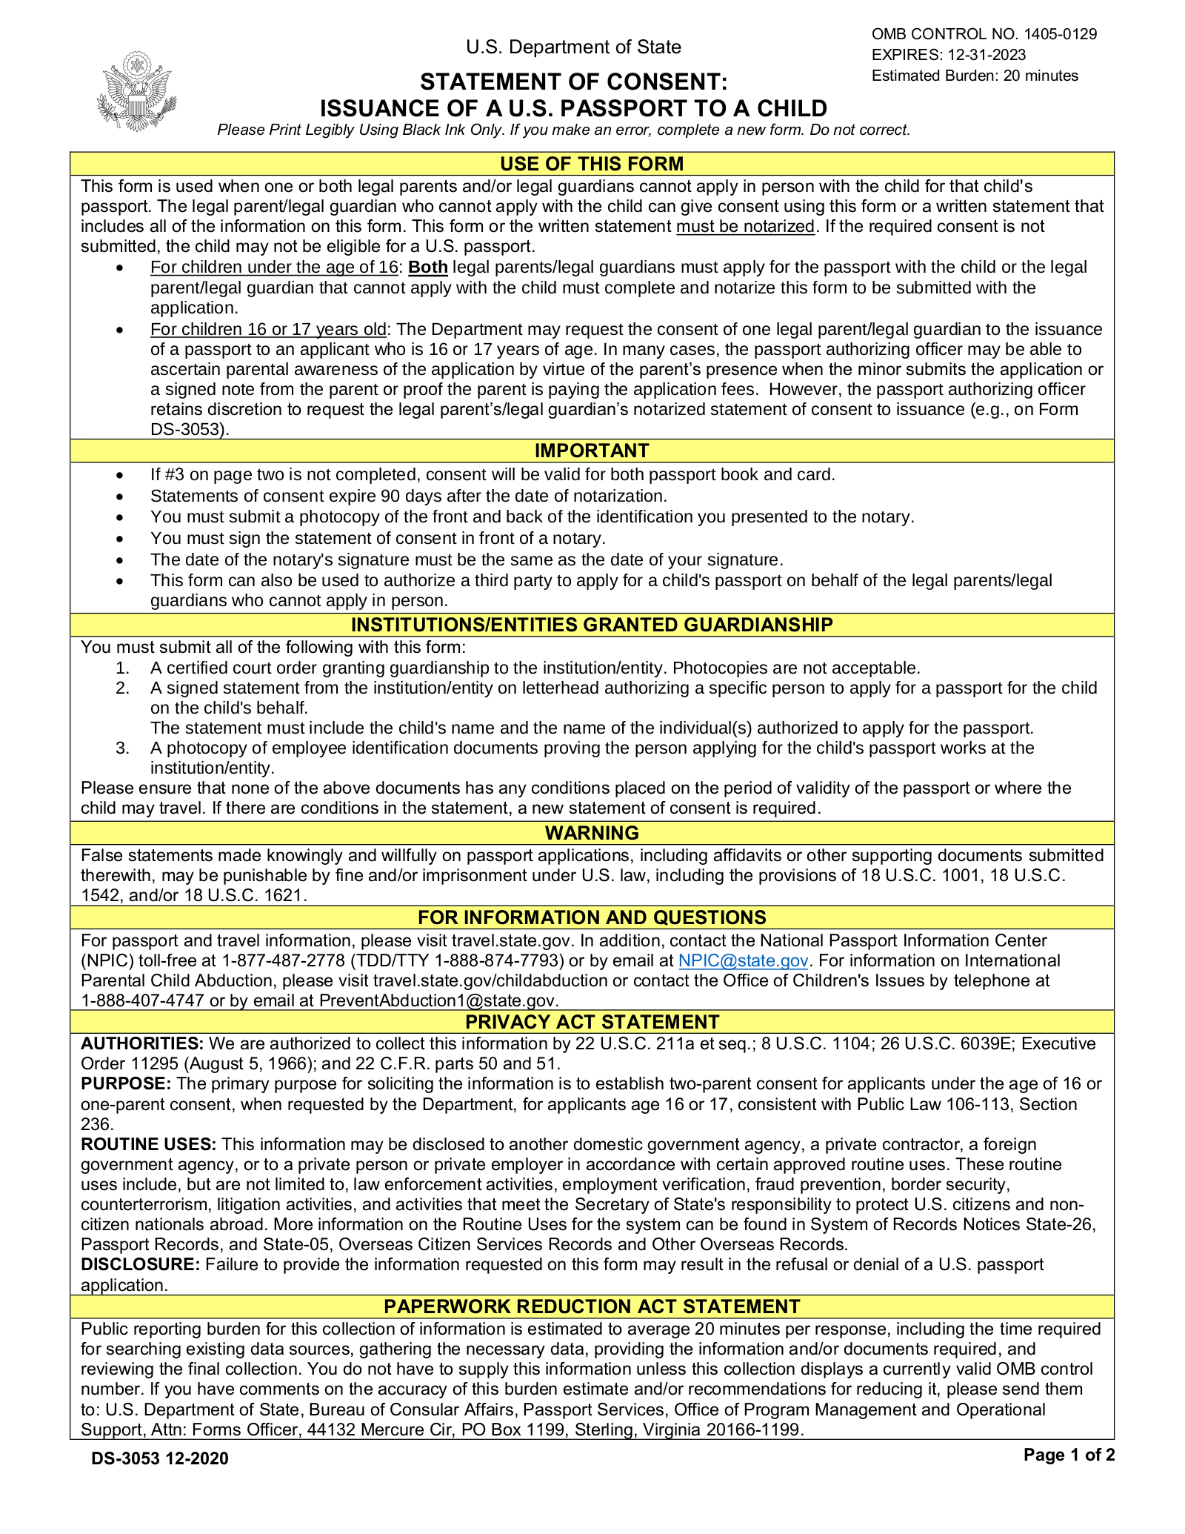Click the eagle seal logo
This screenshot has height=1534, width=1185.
coord(136,92)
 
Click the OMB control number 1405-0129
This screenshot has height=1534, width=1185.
coord(1060,34)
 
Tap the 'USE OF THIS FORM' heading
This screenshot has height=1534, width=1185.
coord(592,164)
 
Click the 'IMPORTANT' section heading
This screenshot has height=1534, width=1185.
coord(592,451)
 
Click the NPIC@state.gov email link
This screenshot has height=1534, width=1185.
coord(743,960)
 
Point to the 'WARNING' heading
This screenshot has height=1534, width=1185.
coord(592,833)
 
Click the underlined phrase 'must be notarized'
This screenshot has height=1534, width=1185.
coord(745,227)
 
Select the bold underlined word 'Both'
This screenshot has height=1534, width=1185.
coord(428,268)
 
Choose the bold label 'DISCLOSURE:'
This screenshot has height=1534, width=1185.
coord(141,1264)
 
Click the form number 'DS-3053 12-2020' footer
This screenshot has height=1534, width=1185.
coord(160,1458)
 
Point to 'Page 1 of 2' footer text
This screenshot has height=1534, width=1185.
coord(1069,1455)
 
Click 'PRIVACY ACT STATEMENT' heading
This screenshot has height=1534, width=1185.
coord(592,1022)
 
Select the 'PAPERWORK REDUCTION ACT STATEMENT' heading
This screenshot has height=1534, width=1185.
coord(592,1306)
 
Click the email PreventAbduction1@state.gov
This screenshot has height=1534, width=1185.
coord(437,1001)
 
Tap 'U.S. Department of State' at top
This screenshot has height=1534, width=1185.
coord(573,47)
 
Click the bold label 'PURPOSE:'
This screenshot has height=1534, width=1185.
coord(126,1083)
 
